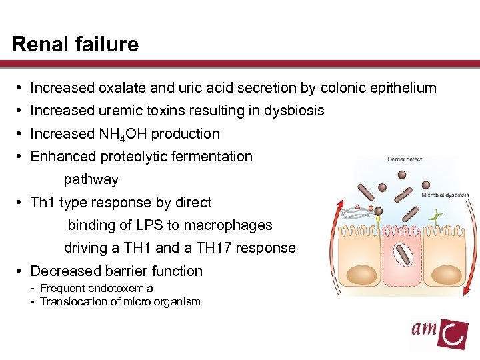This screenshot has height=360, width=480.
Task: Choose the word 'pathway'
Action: click(91, 179)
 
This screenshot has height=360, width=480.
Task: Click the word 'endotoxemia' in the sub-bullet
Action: click(118, 288)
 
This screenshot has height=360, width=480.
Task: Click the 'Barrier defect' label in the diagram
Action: click(405, 159)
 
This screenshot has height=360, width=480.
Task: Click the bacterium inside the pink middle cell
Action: click(399, 254)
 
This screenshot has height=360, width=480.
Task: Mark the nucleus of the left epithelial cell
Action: click(361, 274)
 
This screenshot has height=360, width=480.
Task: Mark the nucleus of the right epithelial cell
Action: click(445, 274)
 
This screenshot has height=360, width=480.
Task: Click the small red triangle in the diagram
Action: click(358, 207)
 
